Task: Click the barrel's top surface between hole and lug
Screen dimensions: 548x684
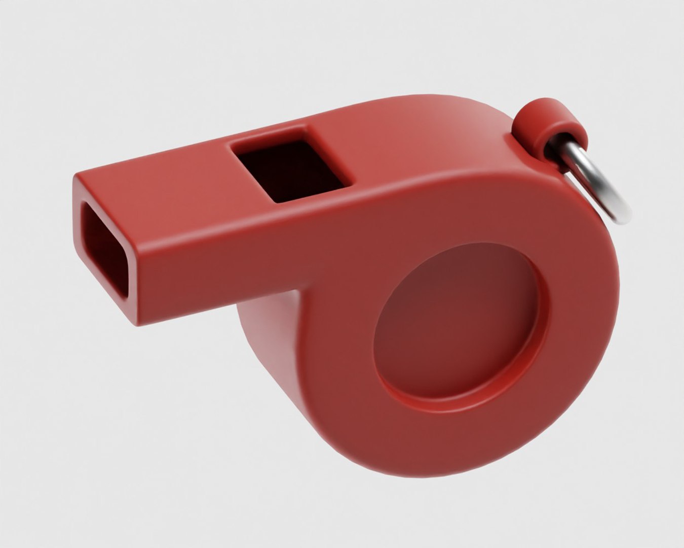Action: [431, 132]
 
